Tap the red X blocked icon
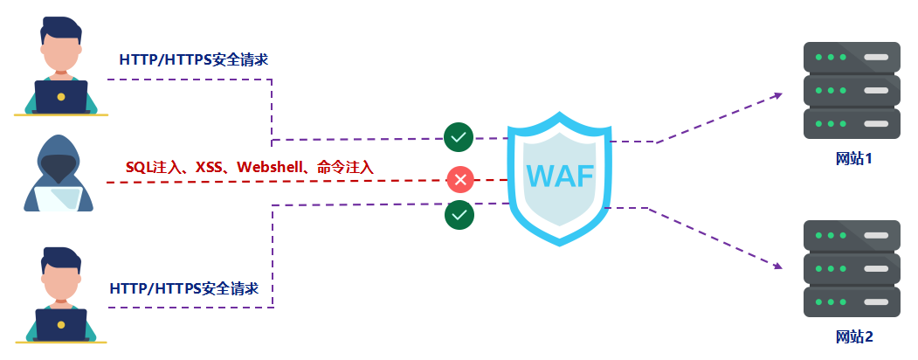point(460,180)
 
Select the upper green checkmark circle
point(459,137)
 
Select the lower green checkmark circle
point(459,214)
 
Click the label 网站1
point(853,159)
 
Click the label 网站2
point(853,336)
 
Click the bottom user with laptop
point(60,295)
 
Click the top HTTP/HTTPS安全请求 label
point(193,60)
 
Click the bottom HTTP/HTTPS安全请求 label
point(184,288)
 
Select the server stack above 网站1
point(851,90)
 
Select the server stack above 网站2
point(851,268)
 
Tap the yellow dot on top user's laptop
point(60,96)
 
